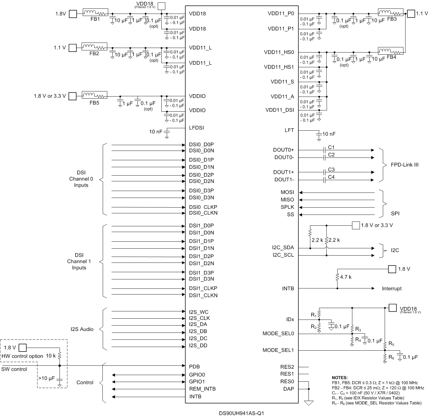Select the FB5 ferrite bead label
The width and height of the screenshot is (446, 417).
94,103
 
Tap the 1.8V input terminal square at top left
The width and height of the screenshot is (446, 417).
73,14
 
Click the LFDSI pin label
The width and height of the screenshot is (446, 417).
196,128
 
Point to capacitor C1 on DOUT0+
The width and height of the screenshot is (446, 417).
324,150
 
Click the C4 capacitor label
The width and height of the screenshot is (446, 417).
331,177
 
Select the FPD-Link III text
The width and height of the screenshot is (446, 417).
404,165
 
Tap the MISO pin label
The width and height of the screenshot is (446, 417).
287,200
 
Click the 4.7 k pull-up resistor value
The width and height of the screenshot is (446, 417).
346,277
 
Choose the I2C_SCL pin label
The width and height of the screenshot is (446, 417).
283,255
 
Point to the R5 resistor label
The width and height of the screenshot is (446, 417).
391,343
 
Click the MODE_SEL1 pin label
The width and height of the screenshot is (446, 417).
278,350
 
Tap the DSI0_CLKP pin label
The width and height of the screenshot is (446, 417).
203,207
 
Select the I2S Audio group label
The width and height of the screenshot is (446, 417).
82,329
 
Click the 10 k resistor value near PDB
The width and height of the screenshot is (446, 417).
50,356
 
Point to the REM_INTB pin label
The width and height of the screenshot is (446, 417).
202,389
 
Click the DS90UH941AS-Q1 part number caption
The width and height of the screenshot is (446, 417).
241,413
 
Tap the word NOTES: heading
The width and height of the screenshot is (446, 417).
340,377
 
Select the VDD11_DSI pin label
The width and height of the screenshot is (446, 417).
280,110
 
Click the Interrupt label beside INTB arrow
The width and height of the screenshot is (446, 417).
392,288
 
